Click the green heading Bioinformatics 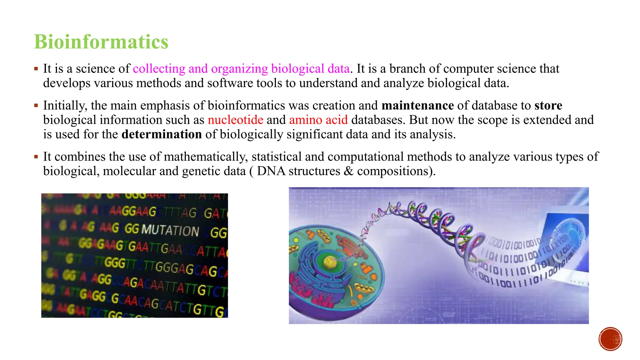(x=101, y=42)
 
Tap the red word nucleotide (x=235, y=120)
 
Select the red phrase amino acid (x=318, y=120)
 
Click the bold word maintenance (x=417, y=106)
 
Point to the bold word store (x=548, y=106)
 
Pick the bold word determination (x=162, y=134)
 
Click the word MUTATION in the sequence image (x=170, y=230)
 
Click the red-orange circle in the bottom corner (x=610, y=339)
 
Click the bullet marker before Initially (x=36, y=106)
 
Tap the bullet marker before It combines (x=36, y=157)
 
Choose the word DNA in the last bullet (x=271, y=171)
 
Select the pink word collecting (x=159, y=69)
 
